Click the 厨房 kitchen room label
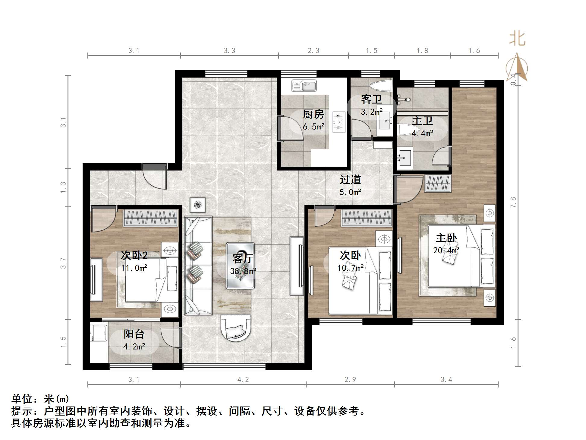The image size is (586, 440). point(313,114)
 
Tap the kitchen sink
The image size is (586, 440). point(304,85)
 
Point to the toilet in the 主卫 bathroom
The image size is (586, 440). point(406,130)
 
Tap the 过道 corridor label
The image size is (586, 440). point(350,180)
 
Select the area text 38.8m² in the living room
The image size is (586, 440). point(243,271)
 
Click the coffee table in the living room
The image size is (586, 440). point(240,266)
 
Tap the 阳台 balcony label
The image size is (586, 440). point(134,334)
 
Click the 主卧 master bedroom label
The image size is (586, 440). point(446,238)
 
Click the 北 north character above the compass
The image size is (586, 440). point(517,39)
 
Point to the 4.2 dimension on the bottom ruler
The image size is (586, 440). point(243,380)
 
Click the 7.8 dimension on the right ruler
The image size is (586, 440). point(513,202)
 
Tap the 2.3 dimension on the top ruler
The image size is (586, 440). point(313,51)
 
